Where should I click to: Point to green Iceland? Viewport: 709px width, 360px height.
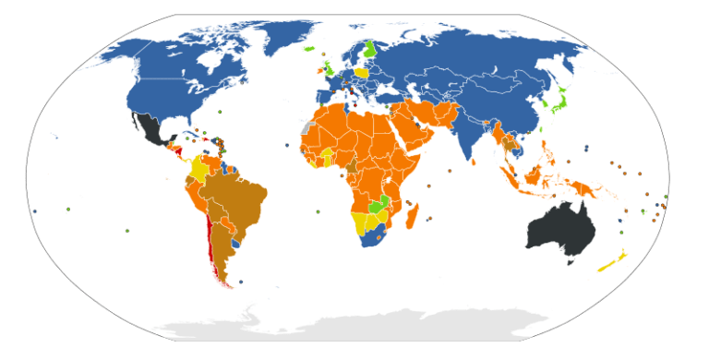[310, 49]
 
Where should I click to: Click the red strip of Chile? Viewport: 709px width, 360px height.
[213, 249]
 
